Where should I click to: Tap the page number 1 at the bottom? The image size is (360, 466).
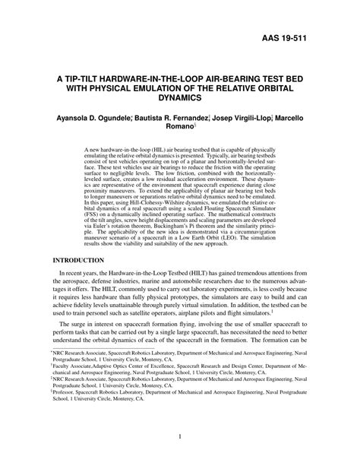pos(179,436)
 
